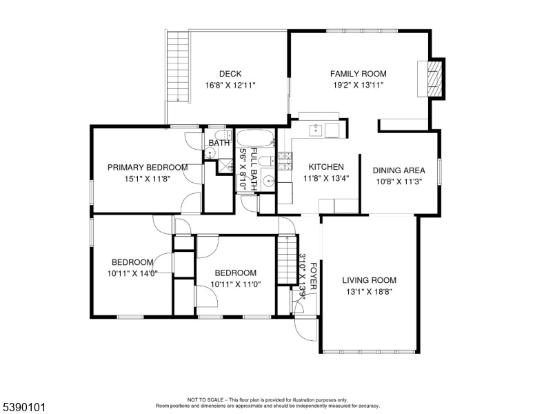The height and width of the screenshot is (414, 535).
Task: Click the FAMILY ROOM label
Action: click(358, 74)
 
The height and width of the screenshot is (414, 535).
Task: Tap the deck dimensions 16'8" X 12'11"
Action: click(230, 86)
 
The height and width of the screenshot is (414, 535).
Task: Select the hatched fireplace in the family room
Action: click(435, 79)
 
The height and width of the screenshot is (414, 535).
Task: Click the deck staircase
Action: click(178, 66)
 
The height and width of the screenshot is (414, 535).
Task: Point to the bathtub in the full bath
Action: click(256, 138)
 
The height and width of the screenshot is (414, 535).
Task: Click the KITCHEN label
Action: click(326, 167)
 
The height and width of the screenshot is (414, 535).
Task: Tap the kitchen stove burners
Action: click(285, 161)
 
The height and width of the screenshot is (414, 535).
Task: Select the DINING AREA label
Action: click(399, 170)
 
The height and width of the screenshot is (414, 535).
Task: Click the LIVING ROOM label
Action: click(369, 280)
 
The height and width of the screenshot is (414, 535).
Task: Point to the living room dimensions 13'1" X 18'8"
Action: click(369, 292)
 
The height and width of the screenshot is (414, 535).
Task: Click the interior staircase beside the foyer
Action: click(287, 259)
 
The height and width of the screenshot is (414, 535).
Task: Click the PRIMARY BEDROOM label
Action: click(148, 168)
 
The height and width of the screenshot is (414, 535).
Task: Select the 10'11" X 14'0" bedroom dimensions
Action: click(132, 274)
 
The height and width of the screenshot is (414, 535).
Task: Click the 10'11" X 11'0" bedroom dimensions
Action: click(235, 284)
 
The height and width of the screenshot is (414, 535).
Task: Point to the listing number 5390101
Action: click(24, 407)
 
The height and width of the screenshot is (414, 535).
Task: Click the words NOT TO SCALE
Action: click(205, 400)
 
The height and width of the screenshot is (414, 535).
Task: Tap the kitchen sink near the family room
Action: click(316, 130)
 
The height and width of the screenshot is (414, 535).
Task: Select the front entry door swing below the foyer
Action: click(305, 330)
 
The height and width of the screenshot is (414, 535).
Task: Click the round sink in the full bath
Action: click(269, 179)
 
